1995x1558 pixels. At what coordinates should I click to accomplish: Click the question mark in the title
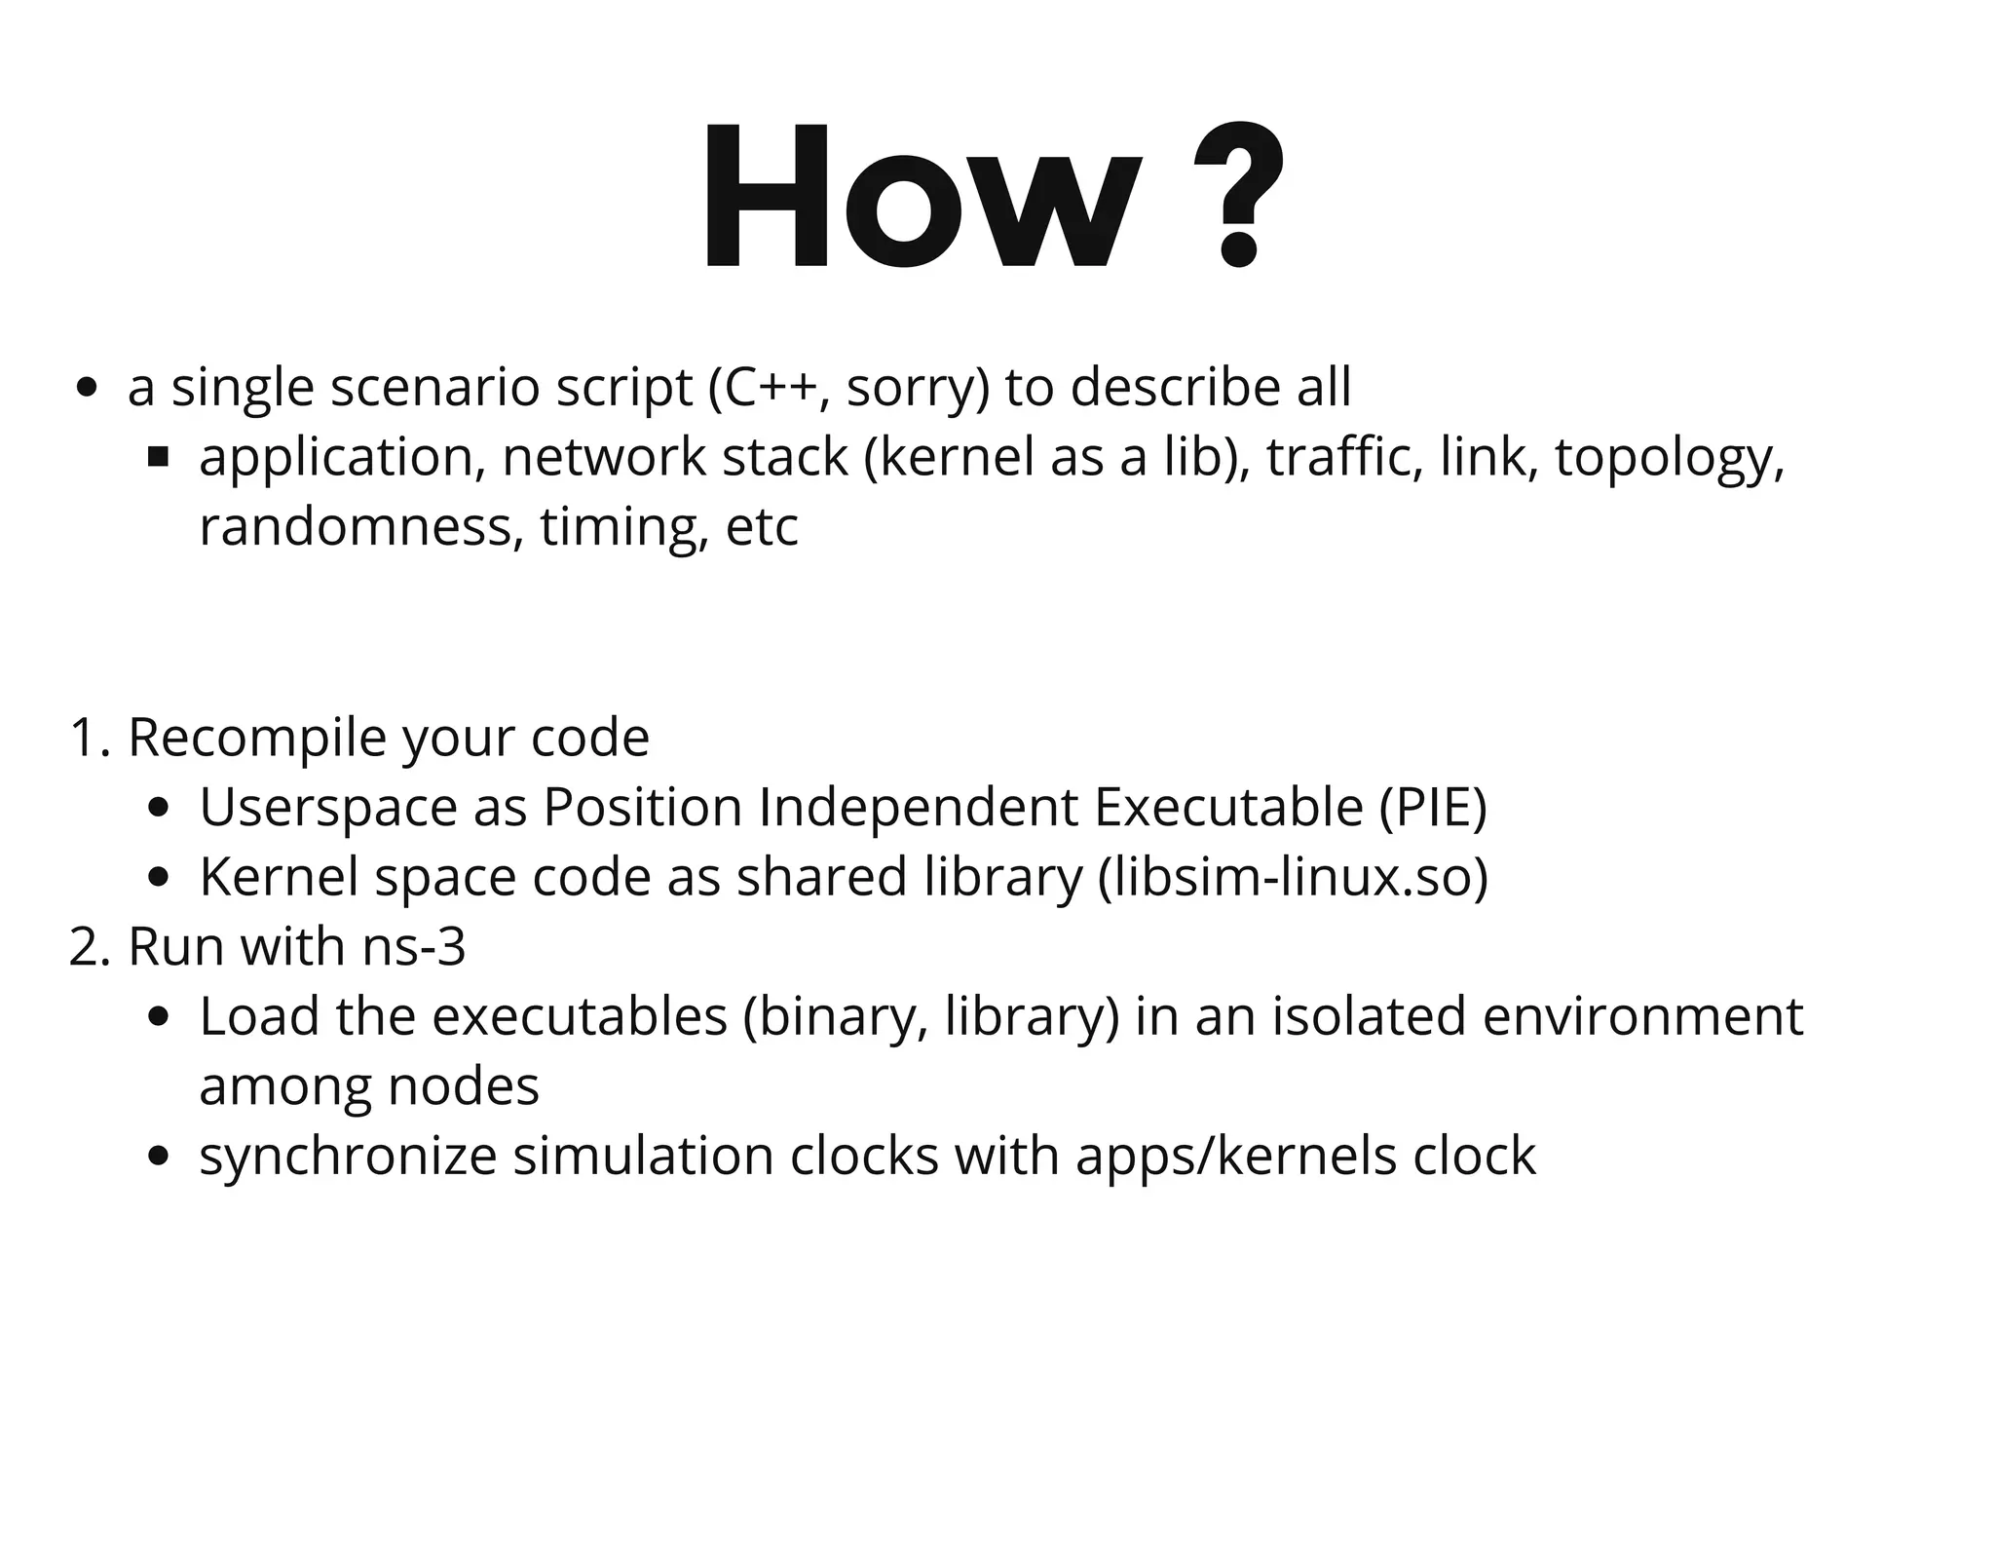click(x=1237, y=195)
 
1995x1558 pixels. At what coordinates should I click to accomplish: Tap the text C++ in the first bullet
click(x=771, y=387)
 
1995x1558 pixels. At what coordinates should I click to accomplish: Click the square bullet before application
click(x=159, y=456)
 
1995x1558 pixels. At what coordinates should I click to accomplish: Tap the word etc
click(x=762, y=527)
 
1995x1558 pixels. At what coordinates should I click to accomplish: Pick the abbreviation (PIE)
click(x=1433, y=807)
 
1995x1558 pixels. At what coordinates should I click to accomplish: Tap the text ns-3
click(x=414, y=946)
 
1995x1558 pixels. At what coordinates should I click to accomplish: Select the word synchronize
click(x=348, y=1157)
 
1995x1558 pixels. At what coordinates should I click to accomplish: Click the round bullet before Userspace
click(x=159, y=808)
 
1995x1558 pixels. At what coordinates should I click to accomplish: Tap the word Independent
click(x=918, y=807)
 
